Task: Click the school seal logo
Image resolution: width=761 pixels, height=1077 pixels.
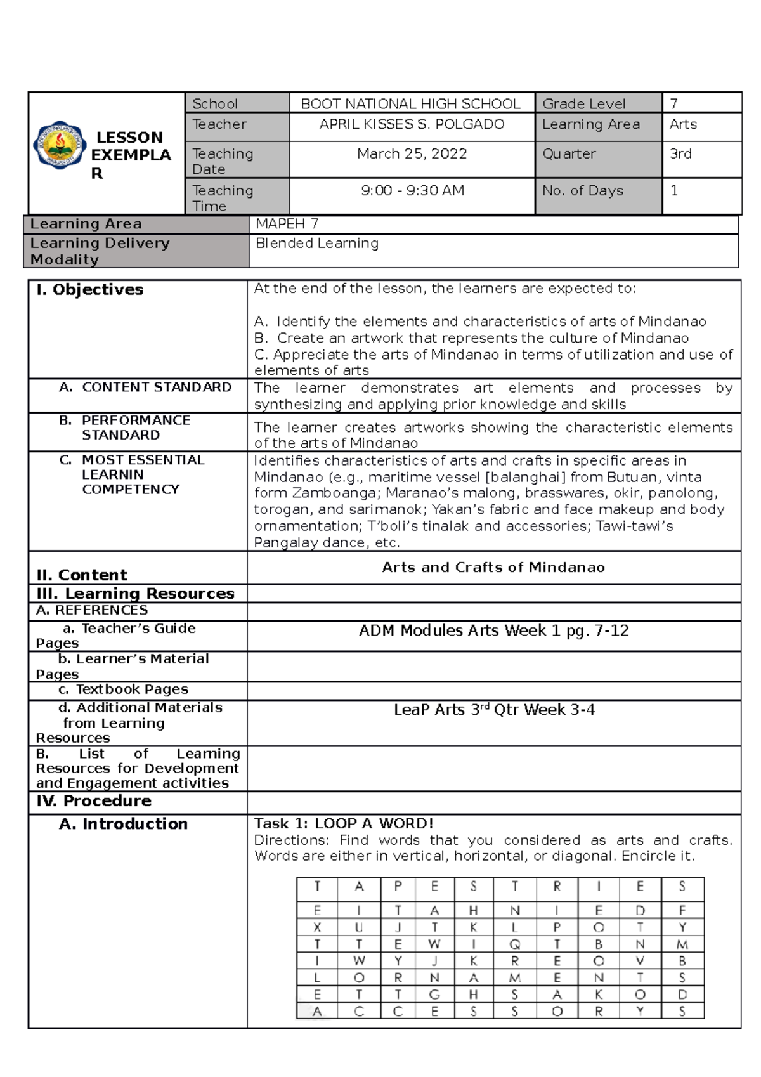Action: click(59, 145)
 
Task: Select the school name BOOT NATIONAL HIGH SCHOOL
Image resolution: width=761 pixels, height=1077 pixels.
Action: click(410, 104)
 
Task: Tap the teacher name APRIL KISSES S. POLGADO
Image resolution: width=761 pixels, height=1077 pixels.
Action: click(412, 125)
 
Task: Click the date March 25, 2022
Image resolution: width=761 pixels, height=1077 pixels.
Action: click(412, 154)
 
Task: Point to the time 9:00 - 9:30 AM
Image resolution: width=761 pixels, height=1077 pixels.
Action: click(412, 191)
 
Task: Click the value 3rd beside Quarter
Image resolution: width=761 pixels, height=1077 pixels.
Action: click(680, 154)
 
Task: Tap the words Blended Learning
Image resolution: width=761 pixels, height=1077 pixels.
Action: click(316, 244)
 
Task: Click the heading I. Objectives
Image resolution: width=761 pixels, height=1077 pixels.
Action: click(90, 290)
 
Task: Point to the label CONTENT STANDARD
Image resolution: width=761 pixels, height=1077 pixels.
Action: click(156, 388)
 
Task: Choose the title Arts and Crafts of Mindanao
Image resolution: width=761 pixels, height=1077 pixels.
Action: click(493, 568)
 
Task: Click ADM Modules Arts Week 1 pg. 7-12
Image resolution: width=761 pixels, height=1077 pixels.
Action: click(493, 631)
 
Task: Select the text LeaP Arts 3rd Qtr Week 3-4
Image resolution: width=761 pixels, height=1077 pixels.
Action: click(494, 710)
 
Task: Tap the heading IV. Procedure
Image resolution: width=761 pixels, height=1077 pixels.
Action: click(94, 801)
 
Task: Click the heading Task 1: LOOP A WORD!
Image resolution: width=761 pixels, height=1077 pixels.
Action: click(344, 824)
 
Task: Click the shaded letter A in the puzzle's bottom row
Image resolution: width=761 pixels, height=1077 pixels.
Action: click(317, 1012)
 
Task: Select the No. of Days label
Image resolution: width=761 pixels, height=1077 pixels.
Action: click(582, 191)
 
